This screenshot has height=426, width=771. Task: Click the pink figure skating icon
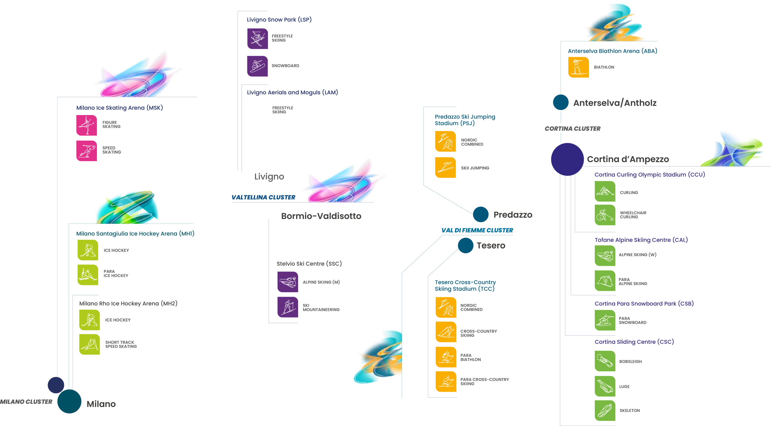pyautogui.click(x=87, y=125)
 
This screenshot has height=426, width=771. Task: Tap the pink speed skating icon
pyautogui.click(x=87, y=151)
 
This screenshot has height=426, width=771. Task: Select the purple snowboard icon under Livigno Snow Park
pyautogui.click(x=258, y=66)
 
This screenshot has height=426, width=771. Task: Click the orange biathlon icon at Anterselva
pyautogui.click(x=578, y=67)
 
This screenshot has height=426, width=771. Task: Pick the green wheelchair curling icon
pyautogui.click(x=605, y=215)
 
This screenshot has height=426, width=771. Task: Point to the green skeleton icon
pyautogui.click(x=605, y=410)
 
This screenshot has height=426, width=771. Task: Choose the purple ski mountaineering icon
pyautogui.click(x=288, y=307)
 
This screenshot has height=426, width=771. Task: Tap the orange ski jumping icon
pyautogui.click(x=445, y=168)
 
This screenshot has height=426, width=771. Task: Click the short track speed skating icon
pyautogui.click(x=89, y=344)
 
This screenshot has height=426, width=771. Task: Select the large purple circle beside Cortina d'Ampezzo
pyautogui.click(x=567, y=159)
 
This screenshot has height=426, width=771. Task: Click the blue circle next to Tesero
pyautogui.click(x=466, y=246)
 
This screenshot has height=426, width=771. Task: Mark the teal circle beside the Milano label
pyautogui.click(x=69, y=401)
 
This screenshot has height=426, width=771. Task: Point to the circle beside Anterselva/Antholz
pyautogui.click(x=560, y=102)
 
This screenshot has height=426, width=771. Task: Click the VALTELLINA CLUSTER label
pyautogui.click(x=263, y=197)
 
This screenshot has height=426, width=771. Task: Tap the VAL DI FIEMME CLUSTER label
pyautogui.click(x=477, y=230)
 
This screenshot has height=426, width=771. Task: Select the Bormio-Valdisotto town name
pyautogui.click(x=321, y=216)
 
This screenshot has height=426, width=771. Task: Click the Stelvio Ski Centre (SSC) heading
pyautogui.click(x=309, y=264)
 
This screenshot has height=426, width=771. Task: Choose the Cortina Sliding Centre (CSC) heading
pyautogui.click(x=634, y=342)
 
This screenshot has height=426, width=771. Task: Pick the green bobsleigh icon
pyautogui.click(x=605, y=361)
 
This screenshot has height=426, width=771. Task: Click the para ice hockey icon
pyautogui.click(x=88, y=275)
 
